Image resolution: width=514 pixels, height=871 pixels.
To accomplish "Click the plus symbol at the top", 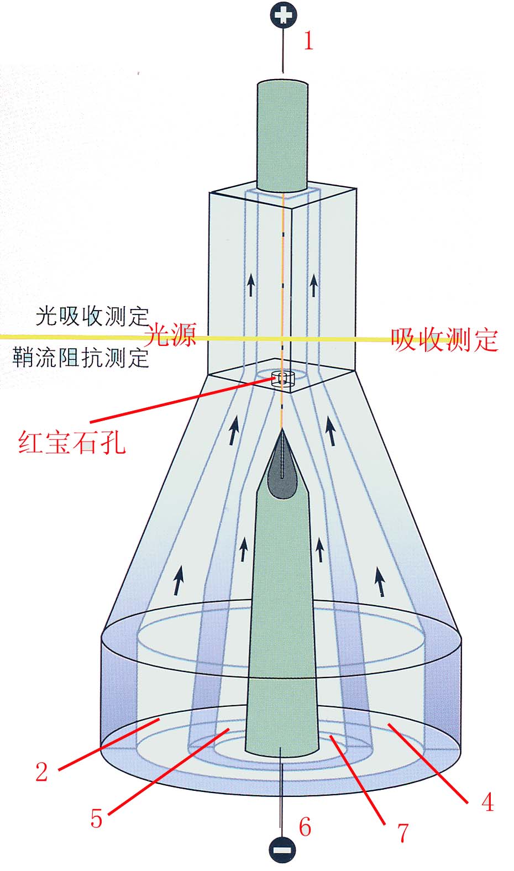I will (x=284, y=15).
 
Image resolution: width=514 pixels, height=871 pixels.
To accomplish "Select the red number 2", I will (x=42, y=772).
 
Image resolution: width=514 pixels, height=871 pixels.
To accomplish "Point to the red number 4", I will (x=487, y=802).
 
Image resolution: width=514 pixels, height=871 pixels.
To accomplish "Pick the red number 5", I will (x=97, y=818).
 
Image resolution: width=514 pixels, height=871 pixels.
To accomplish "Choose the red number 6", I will (x=305, y=827).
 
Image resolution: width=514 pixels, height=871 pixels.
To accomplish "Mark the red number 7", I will (x=402, y=832).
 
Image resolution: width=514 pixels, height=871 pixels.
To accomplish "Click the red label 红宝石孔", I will (x=72, y=442).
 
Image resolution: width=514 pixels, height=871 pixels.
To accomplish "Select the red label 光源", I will (x=170, y=334).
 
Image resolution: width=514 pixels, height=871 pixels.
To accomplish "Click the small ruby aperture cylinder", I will (x=282, y=379).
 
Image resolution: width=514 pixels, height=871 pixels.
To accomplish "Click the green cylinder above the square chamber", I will (x=282, y=135).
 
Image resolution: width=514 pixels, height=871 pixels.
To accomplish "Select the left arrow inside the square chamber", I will (x=251, y=286).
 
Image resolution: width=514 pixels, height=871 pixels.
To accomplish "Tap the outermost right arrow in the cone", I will (x=380, y=582).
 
